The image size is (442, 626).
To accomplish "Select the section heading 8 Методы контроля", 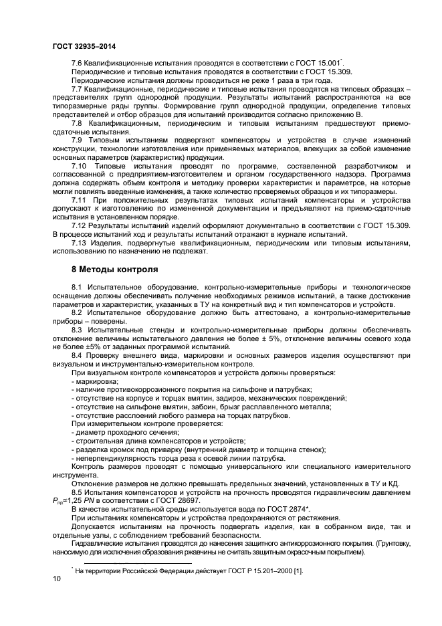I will (115, 270).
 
